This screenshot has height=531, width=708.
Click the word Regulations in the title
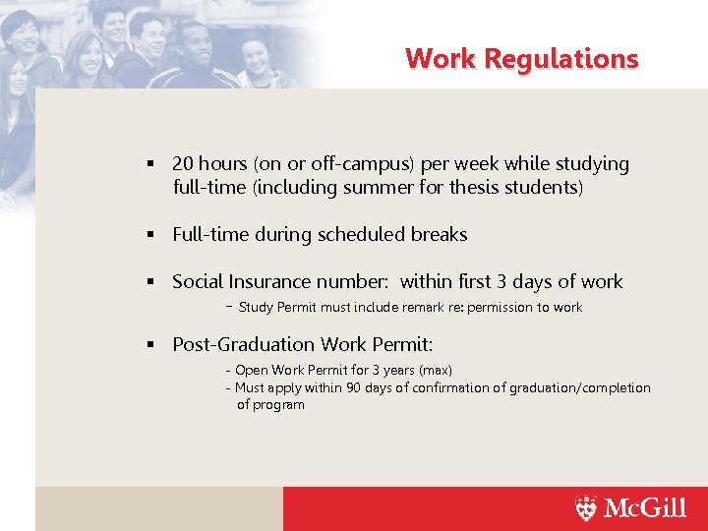pos(567,59)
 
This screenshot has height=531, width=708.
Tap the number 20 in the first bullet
pos(183,164)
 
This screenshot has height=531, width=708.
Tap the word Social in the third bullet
pos(198,282)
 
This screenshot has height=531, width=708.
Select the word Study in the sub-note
pos(256,308)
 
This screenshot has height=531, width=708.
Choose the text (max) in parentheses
pos(435,371)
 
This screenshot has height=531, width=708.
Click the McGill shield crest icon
pos(586,507)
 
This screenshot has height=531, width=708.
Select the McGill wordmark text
pos(644,507)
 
